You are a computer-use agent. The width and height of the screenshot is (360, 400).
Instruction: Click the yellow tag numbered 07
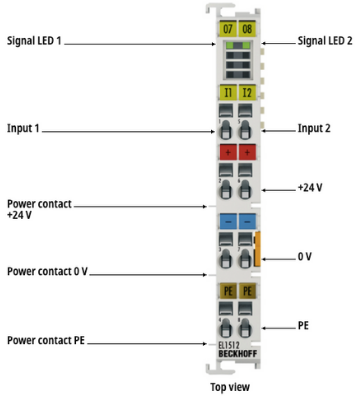click(x=228, y=28)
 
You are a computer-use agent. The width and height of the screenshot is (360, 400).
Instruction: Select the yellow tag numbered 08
click(x=247, y=28)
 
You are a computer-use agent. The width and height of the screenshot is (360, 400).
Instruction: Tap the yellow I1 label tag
click(x=228, y=92)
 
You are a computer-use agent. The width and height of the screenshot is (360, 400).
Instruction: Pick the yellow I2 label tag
click(x=247, y=92)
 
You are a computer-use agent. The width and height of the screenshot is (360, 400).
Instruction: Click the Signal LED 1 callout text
click(x=34, y=41)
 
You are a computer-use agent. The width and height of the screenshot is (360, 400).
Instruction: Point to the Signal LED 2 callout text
click(x=325, y=41)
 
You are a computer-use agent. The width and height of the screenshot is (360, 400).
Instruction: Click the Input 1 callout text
click(x=23, y=128)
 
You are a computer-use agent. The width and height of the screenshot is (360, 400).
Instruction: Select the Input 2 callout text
click(x=314, y=128)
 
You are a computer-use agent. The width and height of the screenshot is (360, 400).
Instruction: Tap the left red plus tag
click(x=228, y=152)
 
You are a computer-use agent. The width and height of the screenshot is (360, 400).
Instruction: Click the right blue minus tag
click(x=247, y=221)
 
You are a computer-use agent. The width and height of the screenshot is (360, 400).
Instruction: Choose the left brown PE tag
click(x=228, y=291)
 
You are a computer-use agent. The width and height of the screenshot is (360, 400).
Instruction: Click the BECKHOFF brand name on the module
click(x=238, y=354)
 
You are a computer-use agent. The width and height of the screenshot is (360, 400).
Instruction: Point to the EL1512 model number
click(x=229, y=346)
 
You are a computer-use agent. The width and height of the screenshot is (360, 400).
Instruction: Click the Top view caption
click(x=230, y=387)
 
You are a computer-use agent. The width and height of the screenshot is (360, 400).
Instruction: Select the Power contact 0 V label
click(x=47, y=271)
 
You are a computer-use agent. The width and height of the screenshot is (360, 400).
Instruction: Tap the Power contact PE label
click(x=46, y=340)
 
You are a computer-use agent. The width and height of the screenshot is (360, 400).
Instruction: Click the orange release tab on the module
click(x=257, y=249)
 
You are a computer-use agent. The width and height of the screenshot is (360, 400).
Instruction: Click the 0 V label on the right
click(x=305, y=256)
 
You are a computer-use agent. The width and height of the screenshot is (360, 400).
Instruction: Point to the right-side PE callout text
click(x=303, y=325)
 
